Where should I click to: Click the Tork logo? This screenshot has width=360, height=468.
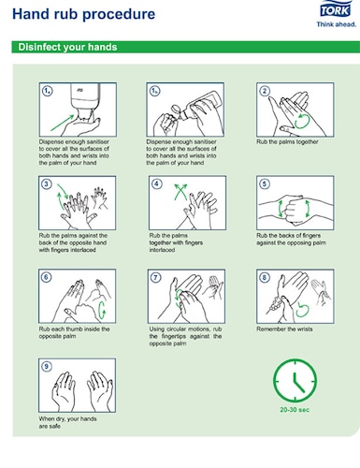(336, 9)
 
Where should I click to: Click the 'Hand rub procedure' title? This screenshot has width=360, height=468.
(83, 14)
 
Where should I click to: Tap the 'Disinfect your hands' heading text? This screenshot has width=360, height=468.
(67, 47)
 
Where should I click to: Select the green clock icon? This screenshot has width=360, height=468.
(295, 380)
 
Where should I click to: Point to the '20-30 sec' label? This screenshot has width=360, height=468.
(295, 410)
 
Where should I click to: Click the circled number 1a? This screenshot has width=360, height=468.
(47, 91)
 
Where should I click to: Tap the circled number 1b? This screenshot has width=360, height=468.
(154, 91)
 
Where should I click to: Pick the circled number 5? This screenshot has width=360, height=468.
(265, 183)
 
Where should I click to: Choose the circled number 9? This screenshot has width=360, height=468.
(47, 366)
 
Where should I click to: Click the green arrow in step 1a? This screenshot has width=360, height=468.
(63, 123)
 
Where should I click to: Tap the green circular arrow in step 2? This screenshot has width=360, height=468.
(301, 122)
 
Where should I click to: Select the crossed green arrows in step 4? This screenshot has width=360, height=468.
(180, 192)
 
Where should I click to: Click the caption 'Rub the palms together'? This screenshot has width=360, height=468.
(287, 142)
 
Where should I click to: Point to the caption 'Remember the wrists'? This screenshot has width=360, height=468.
(284, 329)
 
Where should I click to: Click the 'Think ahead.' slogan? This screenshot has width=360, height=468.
(337, 24)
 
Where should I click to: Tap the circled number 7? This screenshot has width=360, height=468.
(155, 277)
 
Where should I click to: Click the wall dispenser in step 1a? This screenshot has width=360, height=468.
(85, 100)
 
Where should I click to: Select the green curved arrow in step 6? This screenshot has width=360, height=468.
(102, 311)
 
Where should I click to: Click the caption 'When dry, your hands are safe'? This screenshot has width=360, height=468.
(67, 422)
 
